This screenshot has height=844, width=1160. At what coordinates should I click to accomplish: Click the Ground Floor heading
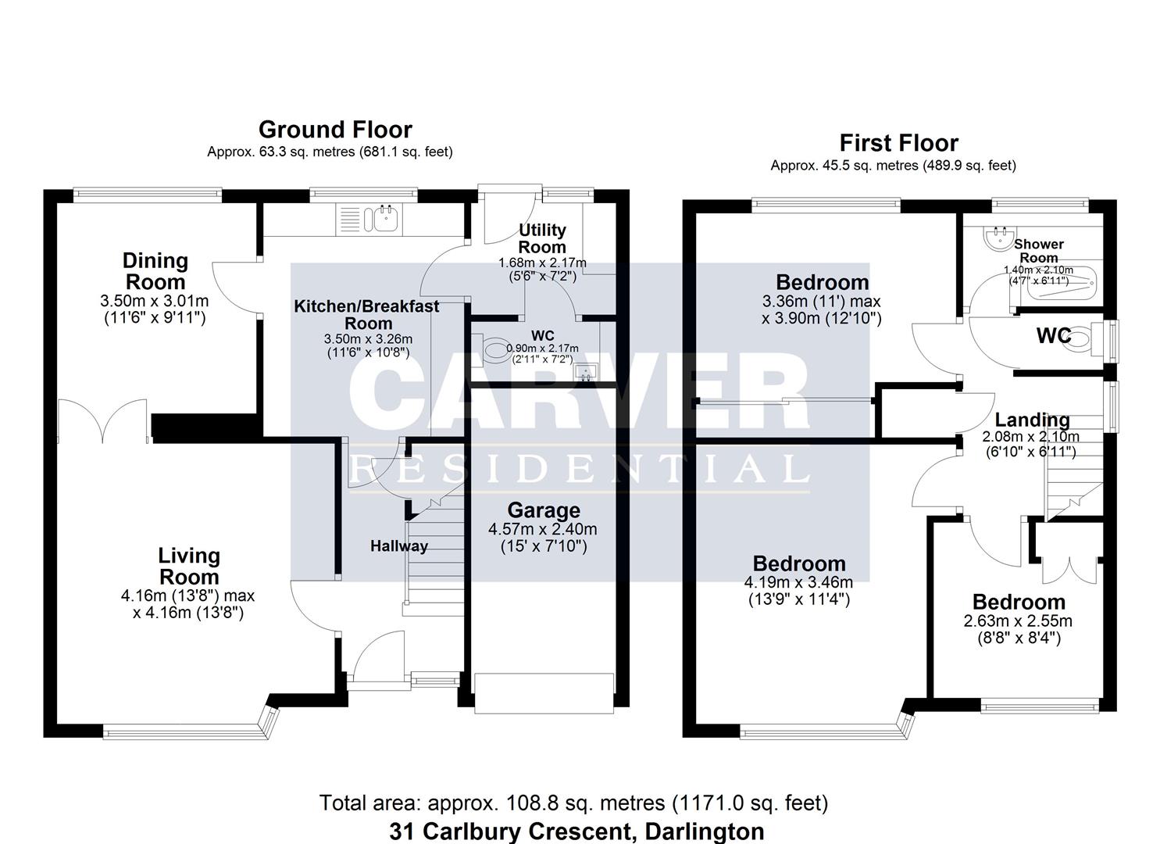pyautogui.click(x=335, y=130)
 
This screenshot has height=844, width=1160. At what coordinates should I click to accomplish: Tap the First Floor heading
pyautogui.click(x=898, y=143)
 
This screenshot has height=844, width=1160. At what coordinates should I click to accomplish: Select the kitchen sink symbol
pyautogui.click(x=385, y=219)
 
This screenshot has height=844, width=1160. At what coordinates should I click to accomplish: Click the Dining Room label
pyautogui.click(x=155, y=271)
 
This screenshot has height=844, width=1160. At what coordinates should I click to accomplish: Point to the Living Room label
pyautogui.click(x=189, y=567)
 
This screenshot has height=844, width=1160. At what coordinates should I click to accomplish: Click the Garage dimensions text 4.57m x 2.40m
pyautogui.click(x=542, y=529)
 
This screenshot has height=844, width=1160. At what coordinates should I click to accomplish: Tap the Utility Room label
pyautogui.click(x=542, y=238)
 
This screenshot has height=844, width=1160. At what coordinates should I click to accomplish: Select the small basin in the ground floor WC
pyautogui.click(x=585, y=370)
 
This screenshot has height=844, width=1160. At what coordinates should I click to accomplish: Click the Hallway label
pyautogui.click(x=398, y=546)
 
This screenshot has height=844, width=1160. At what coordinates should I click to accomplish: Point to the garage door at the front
pyautogui.click(x=544, y=692)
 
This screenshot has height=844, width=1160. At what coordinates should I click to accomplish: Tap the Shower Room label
pyautogui.click(x=1039, y=251)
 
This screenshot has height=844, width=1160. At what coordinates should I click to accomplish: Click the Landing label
pyautogui.click(x=1031, y=420)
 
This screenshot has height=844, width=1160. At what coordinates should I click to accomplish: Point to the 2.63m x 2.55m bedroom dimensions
pyautogui.click(x=1019, y=621)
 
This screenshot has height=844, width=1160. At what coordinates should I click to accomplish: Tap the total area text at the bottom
pyautogui.click(x=573, y=803)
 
